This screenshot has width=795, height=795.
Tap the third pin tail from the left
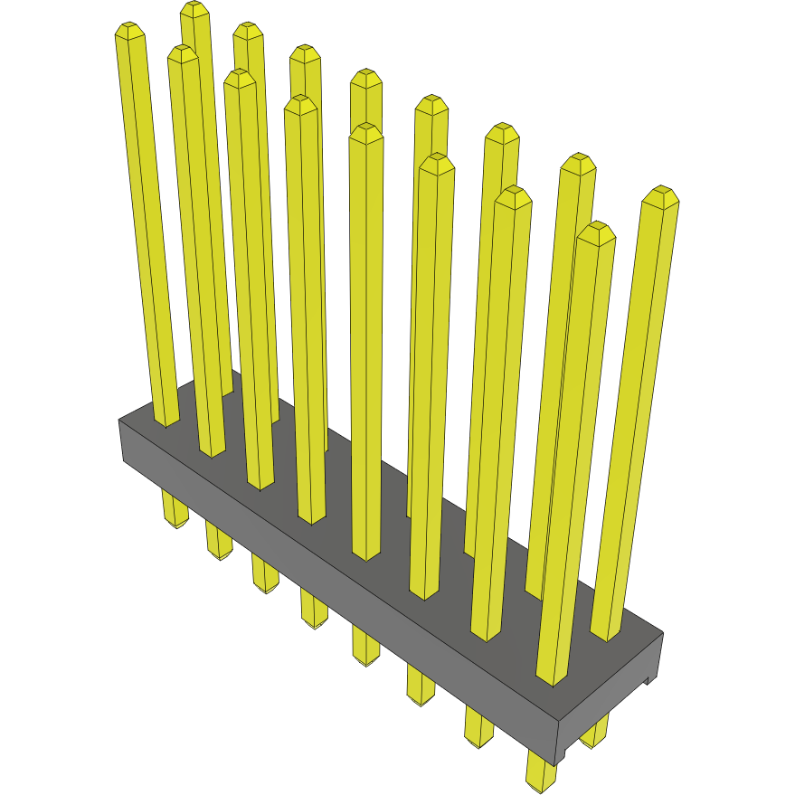[265, 577]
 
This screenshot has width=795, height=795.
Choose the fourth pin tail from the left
[314, 611]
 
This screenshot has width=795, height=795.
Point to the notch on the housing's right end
[648, 678]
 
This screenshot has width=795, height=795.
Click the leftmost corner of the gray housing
[120, 421]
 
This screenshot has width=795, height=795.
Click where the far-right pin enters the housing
[606, 633]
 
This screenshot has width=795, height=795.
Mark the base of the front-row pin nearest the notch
[550, 678]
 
